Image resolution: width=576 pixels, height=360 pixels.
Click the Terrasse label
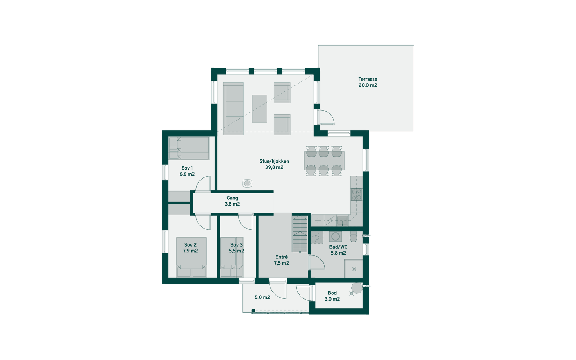coord(368,79)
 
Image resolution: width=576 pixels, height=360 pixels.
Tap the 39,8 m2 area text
coord(274,167)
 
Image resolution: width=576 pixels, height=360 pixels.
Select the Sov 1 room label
coord(187,168)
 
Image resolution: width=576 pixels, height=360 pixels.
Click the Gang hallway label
coord(232,198)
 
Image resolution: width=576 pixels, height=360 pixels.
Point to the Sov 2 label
coord(190,245)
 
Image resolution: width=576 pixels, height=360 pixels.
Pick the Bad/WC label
coord(338,247)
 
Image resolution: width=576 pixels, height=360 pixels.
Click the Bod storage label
coord(332,293)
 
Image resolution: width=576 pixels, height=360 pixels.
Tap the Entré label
coord(282,257)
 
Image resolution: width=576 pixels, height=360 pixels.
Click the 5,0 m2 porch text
coord(262,297)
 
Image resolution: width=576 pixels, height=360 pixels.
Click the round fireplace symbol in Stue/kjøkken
coord(247,184)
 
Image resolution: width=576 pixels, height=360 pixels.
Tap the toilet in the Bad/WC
coord(353,237)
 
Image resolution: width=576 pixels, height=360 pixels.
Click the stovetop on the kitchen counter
coord(356,195)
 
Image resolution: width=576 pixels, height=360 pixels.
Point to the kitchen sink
coord(342,220)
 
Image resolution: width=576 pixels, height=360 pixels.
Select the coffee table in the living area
coord(260,108)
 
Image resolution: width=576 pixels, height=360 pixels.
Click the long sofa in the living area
coord(233,109)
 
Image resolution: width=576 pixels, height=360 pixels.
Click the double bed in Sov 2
coord(191,257)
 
